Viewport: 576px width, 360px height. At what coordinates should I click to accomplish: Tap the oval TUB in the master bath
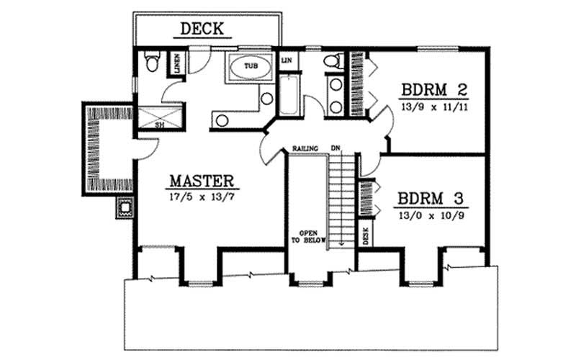(x=249, y=66)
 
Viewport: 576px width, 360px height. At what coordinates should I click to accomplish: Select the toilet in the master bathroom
(x=151, y=63)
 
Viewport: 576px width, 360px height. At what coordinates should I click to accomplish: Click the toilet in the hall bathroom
(x=332, y=61)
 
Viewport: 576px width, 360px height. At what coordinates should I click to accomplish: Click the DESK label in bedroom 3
(x=366, y=235)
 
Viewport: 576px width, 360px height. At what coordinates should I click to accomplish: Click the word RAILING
(x=303, y=149)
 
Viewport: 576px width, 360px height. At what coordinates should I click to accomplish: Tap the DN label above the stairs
(x=335, y=149)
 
